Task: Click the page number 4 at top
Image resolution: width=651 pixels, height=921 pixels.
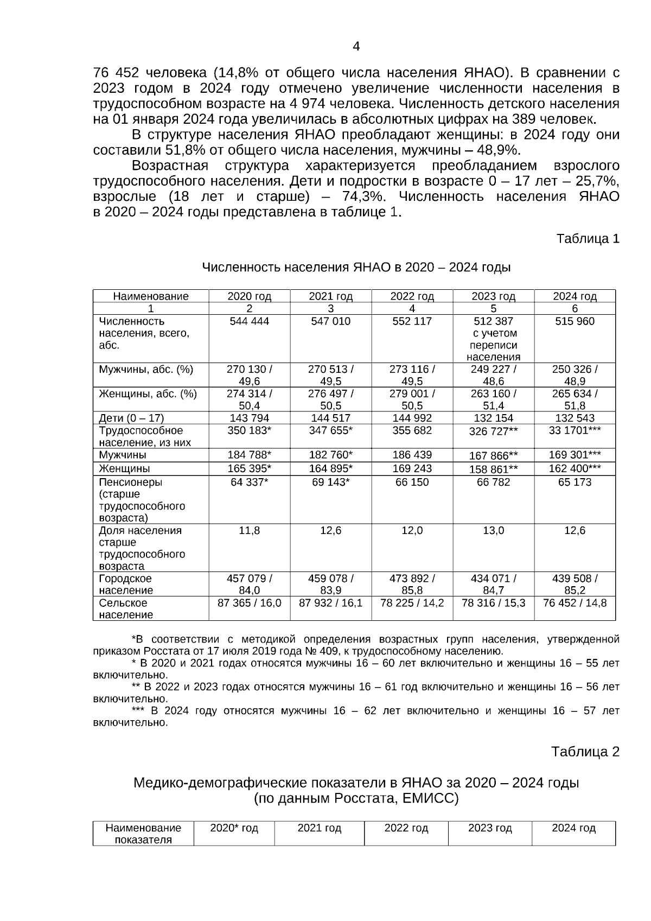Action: coord(356,47)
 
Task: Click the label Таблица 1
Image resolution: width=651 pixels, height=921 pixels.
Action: coord(588,238)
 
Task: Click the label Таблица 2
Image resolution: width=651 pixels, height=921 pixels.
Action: coord(585,752)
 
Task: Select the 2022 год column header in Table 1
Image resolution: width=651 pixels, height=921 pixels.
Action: coord(412,296)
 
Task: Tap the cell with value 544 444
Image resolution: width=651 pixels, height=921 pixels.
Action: coord(249,321)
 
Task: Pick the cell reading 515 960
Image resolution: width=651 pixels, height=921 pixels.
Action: coord(575,321)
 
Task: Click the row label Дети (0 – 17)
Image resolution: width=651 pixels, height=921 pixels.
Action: coord(131,418)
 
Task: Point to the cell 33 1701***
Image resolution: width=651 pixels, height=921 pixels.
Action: coord(575,430)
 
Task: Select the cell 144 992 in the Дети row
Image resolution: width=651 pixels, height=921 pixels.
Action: coord(412,418)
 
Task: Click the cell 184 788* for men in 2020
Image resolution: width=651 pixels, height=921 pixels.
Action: coord(249,455)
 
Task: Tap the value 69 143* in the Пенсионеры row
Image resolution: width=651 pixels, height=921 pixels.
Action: coord(330,482)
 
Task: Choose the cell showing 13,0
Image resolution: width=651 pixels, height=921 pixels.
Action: coord(493,530)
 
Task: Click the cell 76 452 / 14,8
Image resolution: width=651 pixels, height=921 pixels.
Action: coord(575,602)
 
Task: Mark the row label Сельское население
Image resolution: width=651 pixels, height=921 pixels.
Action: coord(125,608)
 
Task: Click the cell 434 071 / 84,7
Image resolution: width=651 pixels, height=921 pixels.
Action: coord(493,584)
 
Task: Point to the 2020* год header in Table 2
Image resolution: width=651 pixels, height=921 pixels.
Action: coord(234,828)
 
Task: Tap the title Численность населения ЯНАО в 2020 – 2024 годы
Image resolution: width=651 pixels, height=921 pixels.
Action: coord(356,268)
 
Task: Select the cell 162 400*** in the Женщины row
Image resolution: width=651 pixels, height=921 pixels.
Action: coord(575,468)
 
